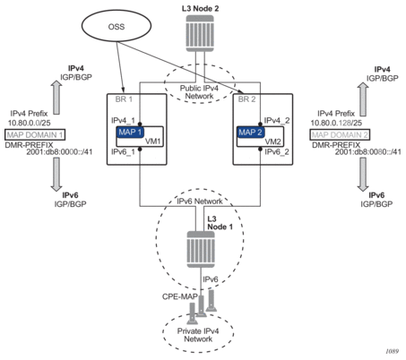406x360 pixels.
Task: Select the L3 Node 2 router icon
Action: click(x=200, y=33)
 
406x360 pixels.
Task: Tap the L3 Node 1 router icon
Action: click(x=201, y=249)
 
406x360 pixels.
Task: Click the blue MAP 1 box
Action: click(x=130, y=132)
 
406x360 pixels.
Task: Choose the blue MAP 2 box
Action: click(x=251, y=132)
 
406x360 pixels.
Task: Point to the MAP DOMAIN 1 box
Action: click(x=35, y=135)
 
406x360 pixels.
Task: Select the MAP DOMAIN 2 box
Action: click(x=340, y=135)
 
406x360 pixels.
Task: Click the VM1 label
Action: click(x=153, y=141)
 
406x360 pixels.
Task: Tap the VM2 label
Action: click(x=272, y=141)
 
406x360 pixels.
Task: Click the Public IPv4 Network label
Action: click(x=199, y=92)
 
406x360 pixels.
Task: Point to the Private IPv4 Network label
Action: click(x=198, y=335)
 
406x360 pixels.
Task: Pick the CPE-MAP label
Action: click(x=180, y=296)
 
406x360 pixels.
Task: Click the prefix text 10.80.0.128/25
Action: click(x=336, y=123)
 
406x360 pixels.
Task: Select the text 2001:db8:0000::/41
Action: click(x=59, y=152)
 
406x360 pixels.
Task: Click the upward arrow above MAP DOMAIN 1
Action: click(x=56, y=98)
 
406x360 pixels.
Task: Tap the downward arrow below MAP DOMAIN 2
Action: click(x=363, y=175)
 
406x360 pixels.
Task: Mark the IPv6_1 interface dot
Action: click(x=140, y=149)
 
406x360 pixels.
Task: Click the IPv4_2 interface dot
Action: click(x=260, y=124)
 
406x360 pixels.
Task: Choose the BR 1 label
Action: click(x=124, y=99)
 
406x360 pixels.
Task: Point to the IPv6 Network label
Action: click(x=200, y=201)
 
